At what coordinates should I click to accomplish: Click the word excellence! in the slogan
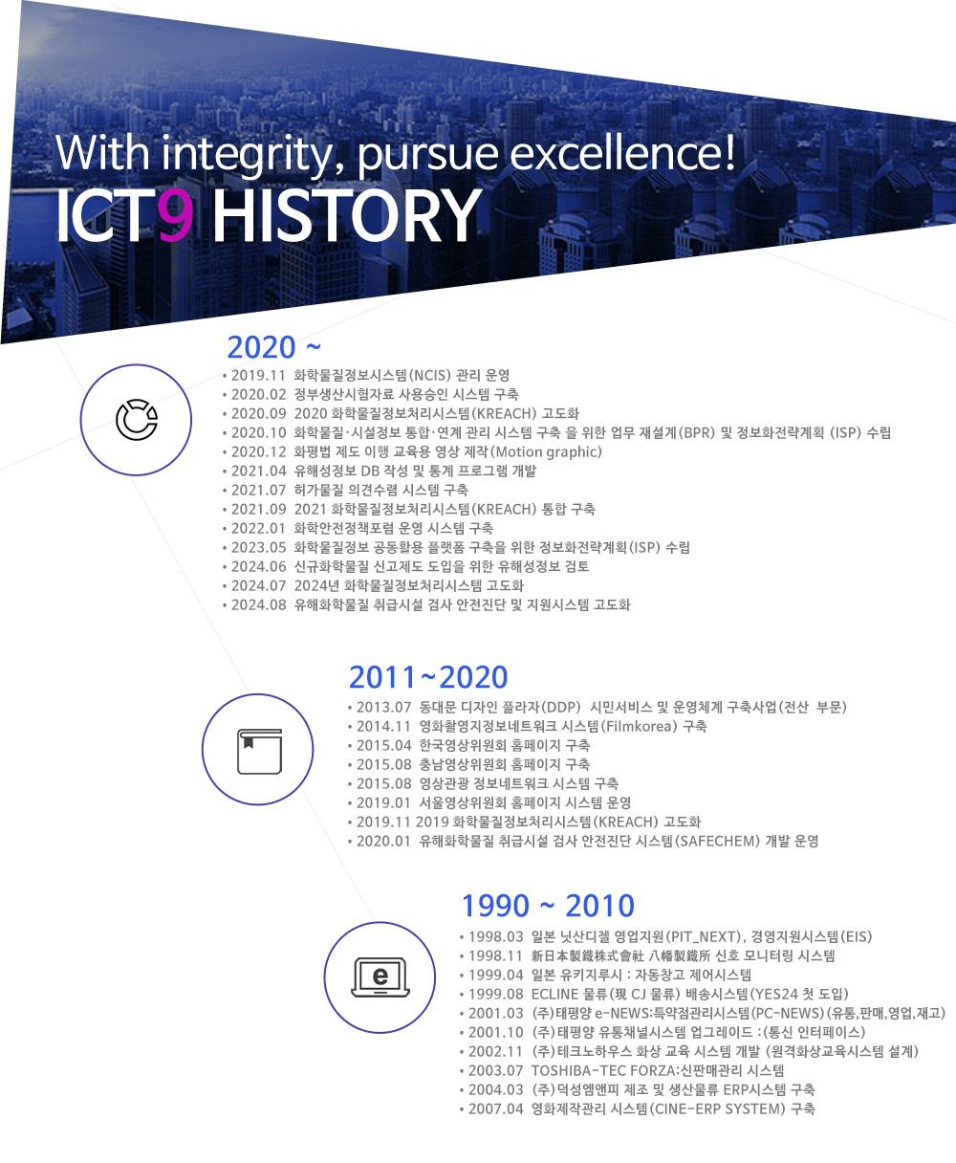click(622, 152)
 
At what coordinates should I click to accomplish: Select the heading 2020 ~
click(273, 347)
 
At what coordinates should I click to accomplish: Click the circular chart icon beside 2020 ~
click(137, 420)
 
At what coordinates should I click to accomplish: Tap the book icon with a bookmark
click(259, 751)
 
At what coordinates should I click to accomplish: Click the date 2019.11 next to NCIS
click(258, 376)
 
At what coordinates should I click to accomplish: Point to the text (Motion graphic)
click(547, 452)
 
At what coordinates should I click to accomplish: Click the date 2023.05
click(258, 548)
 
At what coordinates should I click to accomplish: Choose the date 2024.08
click(258, 605)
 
